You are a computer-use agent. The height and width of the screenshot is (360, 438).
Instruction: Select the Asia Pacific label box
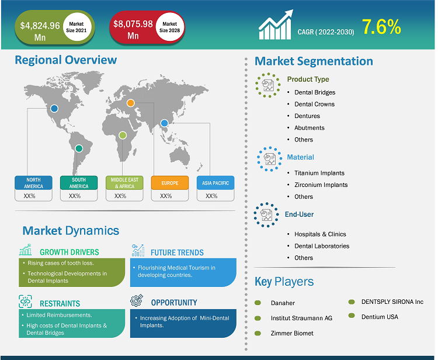[215, 183]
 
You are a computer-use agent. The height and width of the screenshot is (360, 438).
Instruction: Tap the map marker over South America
[79, 148]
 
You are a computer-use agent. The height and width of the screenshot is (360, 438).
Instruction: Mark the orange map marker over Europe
[131, 103]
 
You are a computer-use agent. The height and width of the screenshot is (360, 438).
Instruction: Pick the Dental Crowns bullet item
[314, 104]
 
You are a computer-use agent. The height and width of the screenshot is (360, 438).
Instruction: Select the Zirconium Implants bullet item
[321, 185]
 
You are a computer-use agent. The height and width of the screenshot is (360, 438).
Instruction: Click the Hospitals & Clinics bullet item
[320, 234]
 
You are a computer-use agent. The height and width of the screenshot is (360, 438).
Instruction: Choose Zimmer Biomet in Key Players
[292, 333]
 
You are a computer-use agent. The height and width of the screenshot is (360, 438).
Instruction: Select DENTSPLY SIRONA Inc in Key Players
[392, 302]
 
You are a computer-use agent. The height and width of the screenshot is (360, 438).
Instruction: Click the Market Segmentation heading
[314, 61]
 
